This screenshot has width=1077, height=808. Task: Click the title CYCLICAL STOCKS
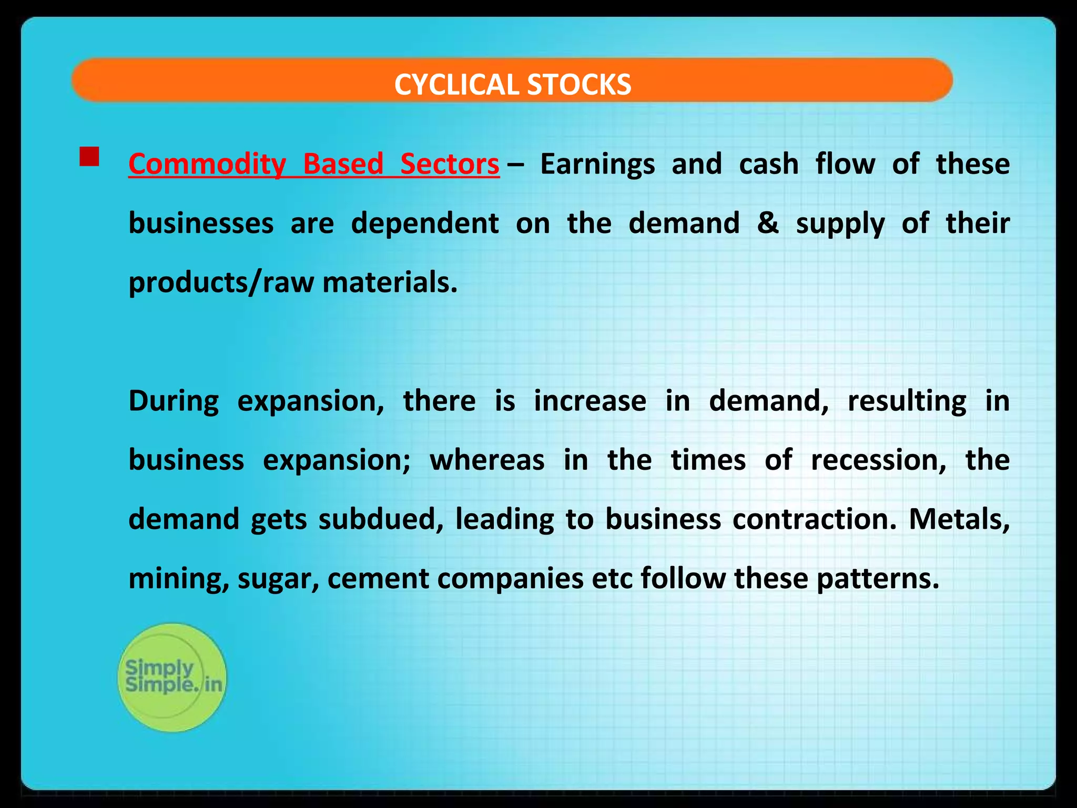pyautogui.click(x=512, y=84)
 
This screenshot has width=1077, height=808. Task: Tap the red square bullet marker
pyautogui.click(x=89, y=157)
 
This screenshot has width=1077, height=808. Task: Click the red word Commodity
pyautogui.click(x=207, y=164)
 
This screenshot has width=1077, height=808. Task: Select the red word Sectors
pyautogui.click(x=450, y=164)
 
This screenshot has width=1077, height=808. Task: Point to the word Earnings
pyautogui.click(x=597, y=164)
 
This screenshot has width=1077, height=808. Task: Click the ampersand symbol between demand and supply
pyautogui.click(x=768, y=223)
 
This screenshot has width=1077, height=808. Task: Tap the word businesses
pyautogui.click(x=201, y=223)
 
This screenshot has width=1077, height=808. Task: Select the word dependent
pyautogui.click(x=425, y=223)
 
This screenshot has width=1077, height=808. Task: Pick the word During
pyautogui.click(x=174, y=401)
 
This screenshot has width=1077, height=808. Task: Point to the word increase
pyautogui.click(x=590, y=401)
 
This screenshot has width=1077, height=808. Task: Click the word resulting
pyautogui.click(x=907, y=401)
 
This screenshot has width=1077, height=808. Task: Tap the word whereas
pyautogui.click(x=487, y=460)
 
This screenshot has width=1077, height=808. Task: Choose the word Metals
pyautogui.click(x=959, y=519)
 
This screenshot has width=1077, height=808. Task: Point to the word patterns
pyautogui.click(x=878, y=579)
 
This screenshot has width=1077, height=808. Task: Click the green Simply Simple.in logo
pyautogui.click(x=172, y=677)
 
